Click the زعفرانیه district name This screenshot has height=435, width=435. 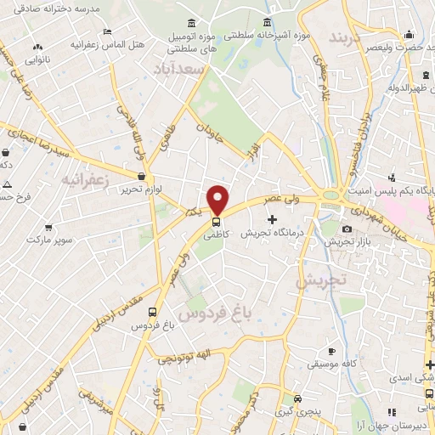[84, 180]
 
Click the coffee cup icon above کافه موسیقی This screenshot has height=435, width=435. [332, 351]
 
